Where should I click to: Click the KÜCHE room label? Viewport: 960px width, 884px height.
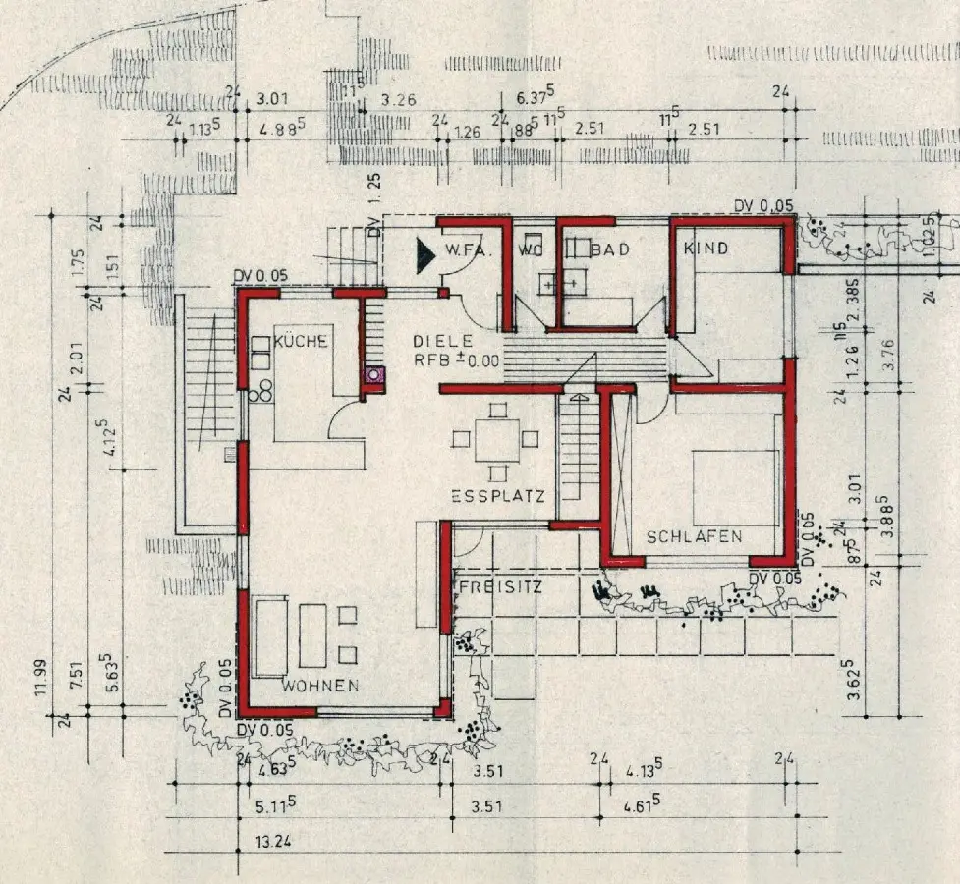click(x=301, y=341)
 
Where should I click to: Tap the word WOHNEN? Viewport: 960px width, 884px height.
click(x=320, y=685)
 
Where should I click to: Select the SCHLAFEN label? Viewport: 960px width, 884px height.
click(x=694, y=536)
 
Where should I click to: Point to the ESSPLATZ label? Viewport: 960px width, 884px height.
click(x=498, y=497)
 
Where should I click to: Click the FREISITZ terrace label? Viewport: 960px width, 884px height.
click(x=500, y=586)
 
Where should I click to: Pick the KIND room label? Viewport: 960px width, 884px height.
click(x=706, y=249)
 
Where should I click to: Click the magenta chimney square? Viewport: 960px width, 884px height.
click(x=372, y=373)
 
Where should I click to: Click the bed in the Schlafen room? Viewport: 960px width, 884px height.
click(x=736, y=488)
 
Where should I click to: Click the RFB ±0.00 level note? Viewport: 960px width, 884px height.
click(x=456, y=359)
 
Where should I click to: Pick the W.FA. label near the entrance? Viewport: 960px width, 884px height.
click(x=468, y=249)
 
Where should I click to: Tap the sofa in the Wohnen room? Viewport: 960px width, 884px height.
click(x=269, y=637)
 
